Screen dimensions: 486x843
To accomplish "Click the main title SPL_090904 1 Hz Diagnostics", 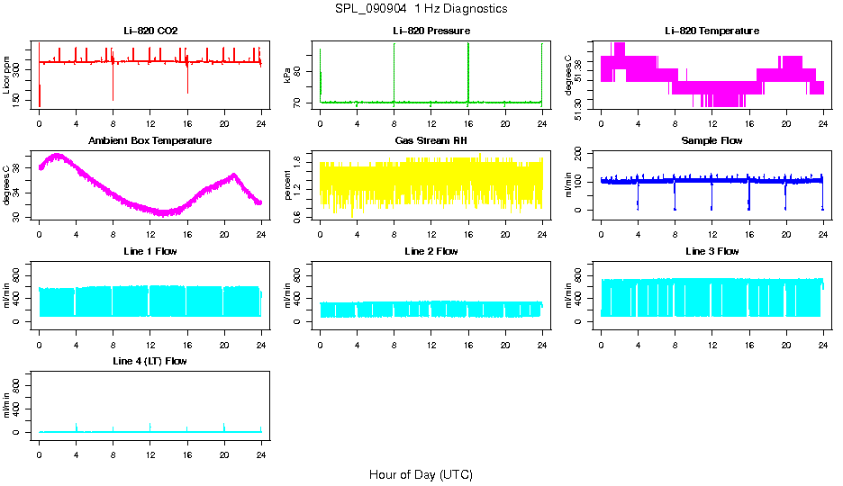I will point(421,9).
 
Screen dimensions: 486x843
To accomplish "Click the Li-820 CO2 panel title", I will point(150,31).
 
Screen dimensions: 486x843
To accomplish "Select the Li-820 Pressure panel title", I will point(431,31).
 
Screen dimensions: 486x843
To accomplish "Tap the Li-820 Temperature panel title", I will point(712,31).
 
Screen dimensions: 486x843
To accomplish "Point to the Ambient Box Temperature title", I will point(150,140).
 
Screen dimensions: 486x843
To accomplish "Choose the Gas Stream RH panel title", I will point(431,140).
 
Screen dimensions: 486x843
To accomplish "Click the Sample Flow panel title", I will point(712,140).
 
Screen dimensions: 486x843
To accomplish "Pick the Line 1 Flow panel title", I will point(150,251).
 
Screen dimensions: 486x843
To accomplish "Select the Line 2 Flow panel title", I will point(431,251).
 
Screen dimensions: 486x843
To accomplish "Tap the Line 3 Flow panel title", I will point(712,251).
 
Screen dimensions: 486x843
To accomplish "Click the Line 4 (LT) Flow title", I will point(150,361).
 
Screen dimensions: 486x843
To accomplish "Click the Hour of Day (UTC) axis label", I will point(421,474).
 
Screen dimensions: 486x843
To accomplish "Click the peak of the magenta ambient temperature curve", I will point(58,155).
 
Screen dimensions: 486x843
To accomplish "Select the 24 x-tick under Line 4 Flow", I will point(261,446).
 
